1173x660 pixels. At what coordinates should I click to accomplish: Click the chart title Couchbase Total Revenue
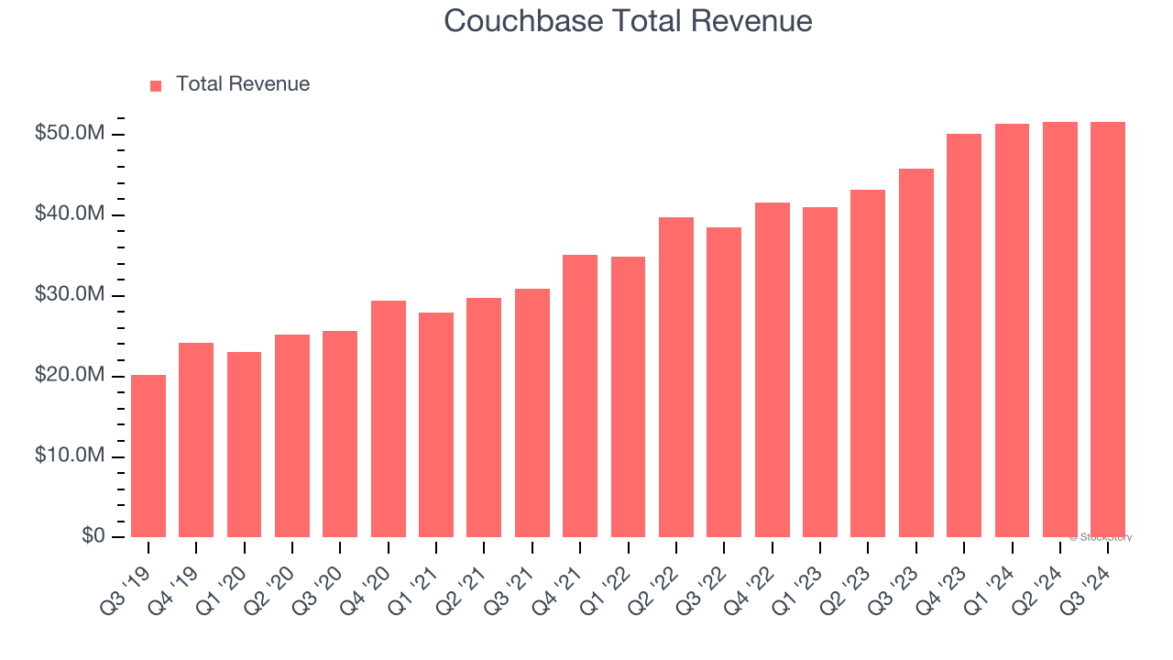pos(628,21)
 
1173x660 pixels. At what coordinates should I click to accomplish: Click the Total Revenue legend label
pos(243,84)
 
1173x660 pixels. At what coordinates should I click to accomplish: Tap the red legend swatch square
pos(156,85)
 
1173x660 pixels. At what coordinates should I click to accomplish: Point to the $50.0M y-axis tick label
pos(70,134)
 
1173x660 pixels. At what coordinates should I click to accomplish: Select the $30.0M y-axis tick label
pos(70,295)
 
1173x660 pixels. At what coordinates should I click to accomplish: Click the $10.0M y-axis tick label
pos(70,456)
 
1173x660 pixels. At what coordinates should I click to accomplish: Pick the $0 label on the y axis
pos(93,536)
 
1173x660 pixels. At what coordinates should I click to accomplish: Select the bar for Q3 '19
pos(148,456)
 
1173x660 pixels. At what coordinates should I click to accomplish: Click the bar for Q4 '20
pos(389,419)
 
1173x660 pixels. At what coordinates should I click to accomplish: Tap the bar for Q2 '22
pos(676,377)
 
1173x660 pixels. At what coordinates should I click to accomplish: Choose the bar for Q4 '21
pos(580,396)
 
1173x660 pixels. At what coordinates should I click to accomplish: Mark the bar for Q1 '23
pos(820,372)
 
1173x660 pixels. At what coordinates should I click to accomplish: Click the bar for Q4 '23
pos(964,335)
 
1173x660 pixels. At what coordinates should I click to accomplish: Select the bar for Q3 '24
pos(1108,330)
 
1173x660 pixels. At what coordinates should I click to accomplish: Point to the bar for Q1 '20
pos(244,445)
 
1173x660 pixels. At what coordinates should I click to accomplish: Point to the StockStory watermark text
pos(1101,537)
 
